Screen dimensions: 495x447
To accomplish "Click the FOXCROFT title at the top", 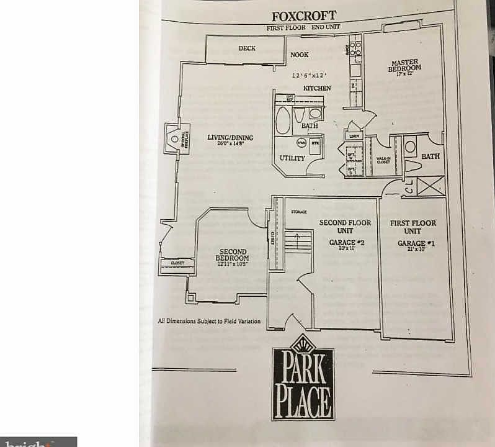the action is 304,16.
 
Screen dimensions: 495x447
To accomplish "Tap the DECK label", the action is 247,48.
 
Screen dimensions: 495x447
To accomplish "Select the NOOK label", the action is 299,55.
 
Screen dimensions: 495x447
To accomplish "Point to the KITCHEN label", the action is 316,88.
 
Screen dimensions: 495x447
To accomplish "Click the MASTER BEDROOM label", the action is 404,66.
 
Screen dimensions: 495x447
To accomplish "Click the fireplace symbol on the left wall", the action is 174,138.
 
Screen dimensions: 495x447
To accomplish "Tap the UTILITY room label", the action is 292,158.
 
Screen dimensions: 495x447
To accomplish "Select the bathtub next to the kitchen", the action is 283,120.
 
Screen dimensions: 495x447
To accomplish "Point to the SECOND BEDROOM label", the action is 233,258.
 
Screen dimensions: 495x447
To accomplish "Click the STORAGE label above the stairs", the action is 299,212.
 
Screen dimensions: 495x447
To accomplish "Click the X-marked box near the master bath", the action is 430,185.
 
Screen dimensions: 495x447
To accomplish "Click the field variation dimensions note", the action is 209,321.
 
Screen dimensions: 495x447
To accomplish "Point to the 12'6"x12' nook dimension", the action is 309,75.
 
